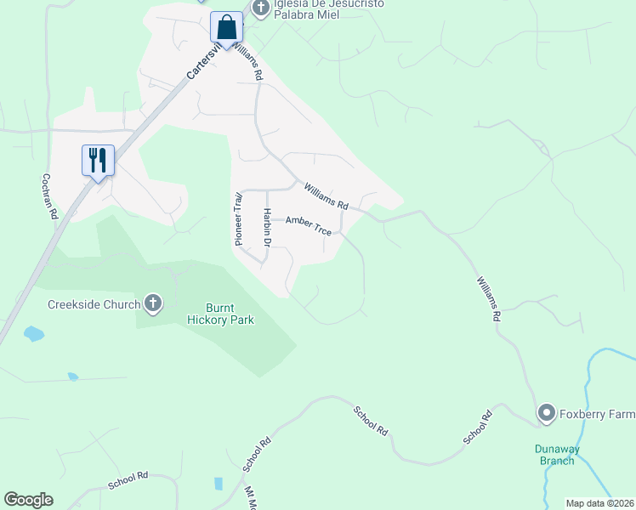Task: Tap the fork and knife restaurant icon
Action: click(x=98, y=160)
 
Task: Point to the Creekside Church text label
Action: click(x=94, y=303)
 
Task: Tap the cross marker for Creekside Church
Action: click(x=153, y=303)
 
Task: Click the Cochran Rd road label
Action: click(x=49, y=196)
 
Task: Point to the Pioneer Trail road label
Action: click(x=239, y=218)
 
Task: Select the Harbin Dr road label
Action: click(x=267, y=228)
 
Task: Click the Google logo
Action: click(x=28, y=500)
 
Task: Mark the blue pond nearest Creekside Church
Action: click(x=34, y=333)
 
